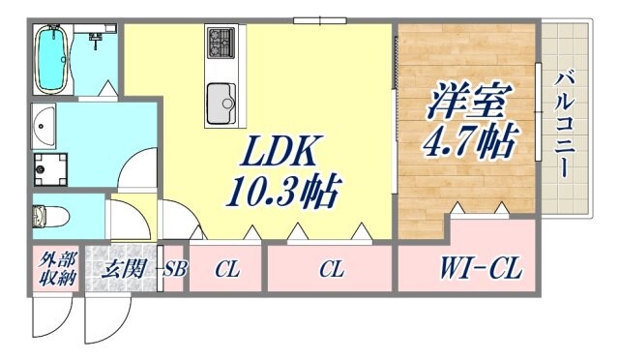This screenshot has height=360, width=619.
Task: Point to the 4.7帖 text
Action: click(x=468, y=140)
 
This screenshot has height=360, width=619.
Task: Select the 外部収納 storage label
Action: click(x=56, y=268)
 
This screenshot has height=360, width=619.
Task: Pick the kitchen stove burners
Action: click(x=221, y=43)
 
